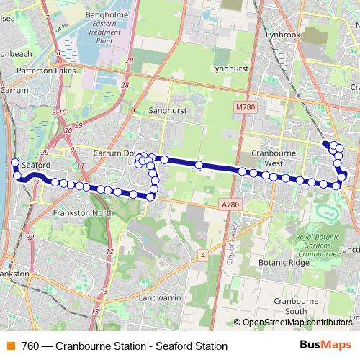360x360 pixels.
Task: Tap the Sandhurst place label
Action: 167,111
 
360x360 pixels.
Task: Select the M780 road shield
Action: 245,107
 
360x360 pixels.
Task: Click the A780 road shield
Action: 230,205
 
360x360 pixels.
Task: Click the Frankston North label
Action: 84,214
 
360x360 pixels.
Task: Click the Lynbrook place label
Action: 282,34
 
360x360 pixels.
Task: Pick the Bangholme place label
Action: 106,14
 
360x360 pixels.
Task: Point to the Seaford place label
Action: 35,165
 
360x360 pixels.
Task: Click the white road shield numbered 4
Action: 204,255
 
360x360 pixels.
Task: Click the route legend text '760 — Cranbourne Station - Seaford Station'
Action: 125,346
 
